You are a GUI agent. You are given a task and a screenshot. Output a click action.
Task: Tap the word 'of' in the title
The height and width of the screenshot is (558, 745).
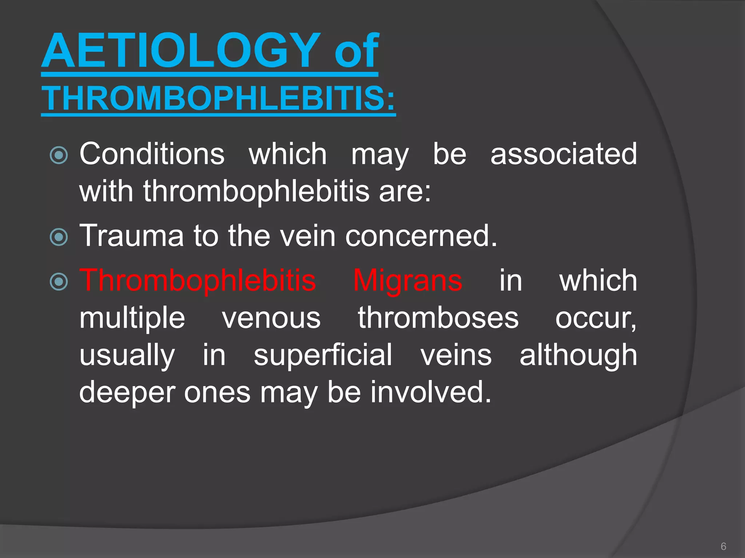click(356, 50)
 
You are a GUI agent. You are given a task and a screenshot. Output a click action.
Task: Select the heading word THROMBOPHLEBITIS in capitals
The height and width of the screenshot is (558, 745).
click(218, 98)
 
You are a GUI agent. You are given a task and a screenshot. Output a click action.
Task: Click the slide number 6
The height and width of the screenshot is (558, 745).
click(724, 546)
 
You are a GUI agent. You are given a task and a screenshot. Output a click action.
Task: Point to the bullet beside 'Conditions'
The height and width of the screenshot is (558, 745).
click(59, 155)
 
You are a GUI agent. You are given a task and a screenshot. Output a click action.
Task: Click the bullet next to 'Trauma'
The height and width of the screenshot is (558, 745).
click(59, 237)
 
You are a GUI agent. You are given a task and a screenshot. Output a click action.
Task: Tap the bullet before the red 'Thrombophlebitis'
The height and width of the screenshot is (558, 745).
click(59, 282)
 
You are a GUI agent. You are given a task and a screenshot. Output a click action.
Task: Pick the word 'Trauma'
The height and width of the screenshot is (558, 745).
click(131, 236)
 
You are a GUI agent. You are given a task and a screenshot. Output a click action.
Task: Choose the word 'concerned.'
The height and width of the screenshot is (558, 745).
click(421, 236)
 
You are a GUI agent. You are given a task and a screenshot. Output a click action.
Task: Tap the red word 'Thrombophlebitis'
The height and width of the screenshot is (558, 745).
click(198, 281)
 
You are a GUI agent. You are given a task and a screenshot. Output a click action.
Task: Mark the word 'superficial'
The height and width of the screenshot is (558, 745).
click(323, 355)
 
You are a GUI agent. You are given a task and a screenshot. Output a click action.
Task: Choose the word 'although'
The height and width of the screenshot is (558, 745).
click(578, 355)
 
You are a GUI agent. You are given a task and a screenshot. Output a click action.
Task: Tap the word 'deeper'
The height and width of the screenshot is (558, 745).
click(128, 392)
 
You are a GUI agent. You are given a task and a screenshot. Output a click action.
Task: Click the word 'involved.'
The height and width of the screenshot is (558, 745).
click(431, 392)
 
